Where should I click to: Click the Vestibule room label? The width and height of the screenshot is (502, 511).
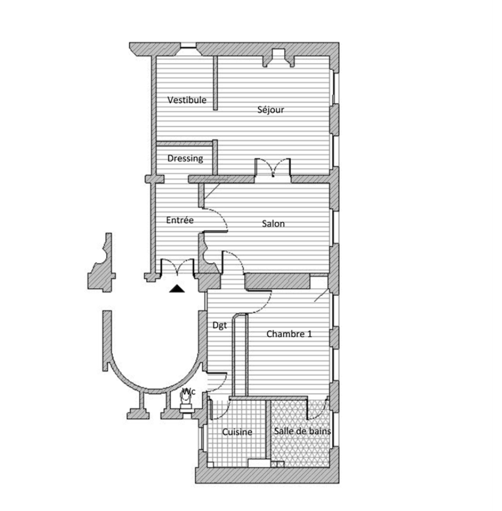187,100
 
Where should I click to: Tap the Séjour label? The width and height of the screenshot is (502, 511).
271,110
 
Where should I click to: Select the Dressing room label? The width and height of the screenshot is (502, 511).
185,158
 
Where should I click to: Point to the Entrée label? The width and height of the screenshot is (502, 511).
180,220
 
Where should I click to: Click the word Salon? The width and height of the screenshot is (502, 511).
273,223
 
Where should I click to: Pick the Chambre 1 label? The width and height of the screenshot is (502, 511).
289,334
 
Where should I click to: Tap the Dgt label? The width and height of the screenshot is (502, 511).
219,325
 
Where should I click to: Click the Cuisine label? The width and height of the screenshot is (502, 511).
237,432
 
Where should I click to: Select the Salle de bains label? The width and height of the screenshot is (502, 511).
302,431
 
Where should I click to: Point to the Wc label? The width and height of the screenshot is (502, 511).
189,391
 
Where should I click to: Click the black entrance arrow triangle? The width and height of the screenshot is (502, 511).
177,288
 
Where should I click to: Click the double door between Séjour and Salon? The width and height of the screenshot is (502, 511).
272,168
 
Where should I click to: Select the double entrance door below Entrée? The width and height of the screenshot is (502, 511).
178,267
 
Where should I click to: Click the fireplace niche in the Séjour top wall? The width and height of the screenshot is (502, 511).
279,58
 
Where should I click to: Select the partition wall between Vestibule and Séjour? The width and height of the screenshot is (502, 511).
215,83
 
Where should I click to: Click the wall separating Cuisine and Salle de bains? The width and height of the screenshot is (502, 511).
268,429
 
